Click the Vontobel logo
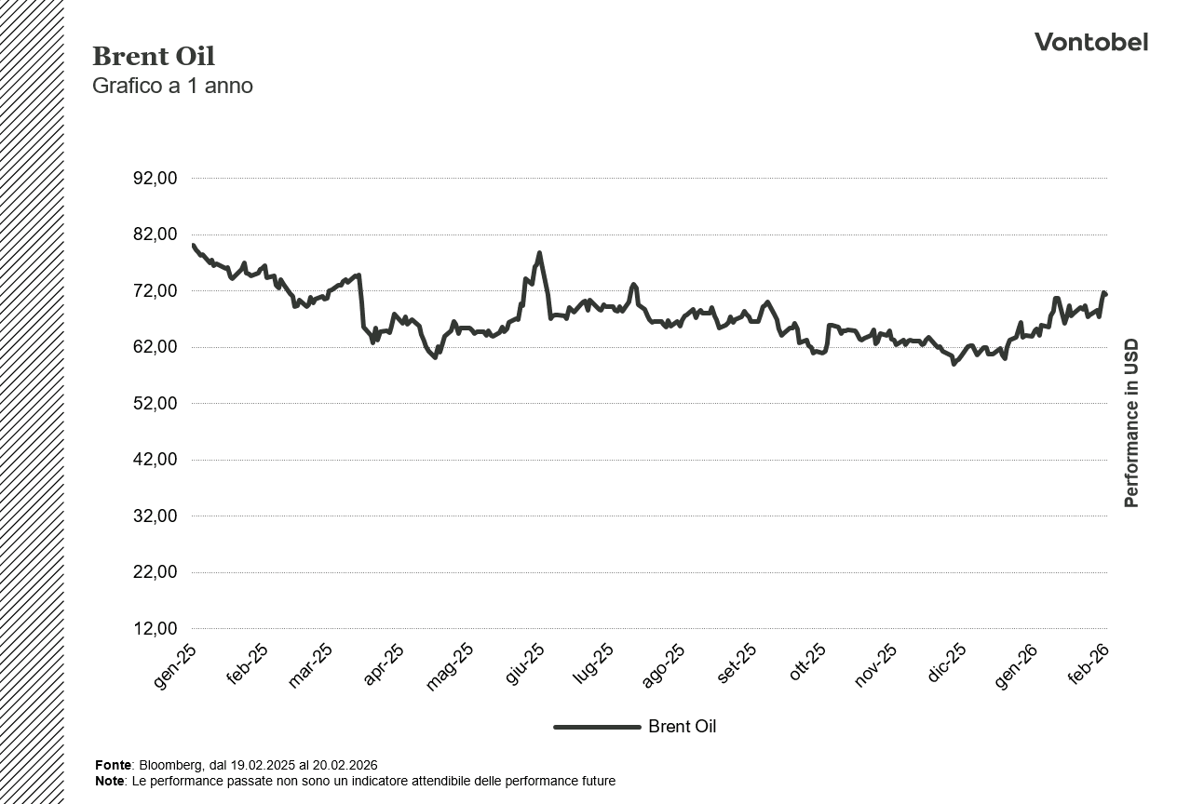pos(1090,43)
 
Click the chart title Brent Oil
pos(154,57)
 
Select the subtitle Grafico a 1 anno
pos(172,86)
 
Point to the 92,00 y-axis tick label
pos(156,179)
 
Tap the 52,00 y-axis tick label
pos(156,404)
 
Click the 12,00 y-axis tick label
pos(156,629)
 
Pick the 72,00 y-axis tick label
pos(156,291)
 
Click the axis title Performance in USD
pos(1131,423)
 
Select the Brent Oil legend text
pos(682,727)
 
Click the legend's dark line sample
pos(597,727)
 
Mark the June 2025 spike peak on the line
pos(539,253)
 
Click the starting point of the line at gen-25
pos(193,245)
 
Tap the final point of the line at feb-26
pos(1105,295)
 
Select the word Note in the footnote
pos(109,781)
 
